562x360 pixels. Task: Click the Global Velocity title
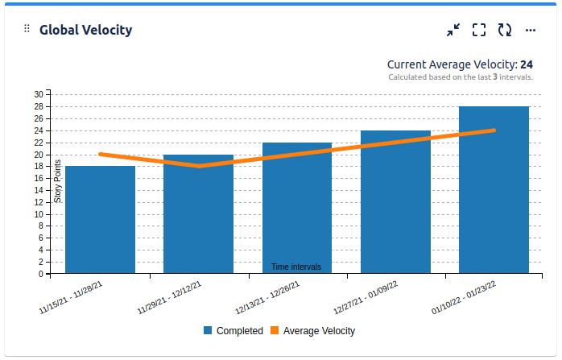click(86, 31)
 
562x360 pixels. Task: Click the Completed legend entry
click(233, 331)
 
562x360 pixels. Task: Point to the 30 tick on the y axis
click(39, 94)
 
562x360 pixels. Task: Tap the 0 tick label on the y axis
click(41, 275)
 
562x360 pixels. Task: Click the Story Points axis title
click(58, 181)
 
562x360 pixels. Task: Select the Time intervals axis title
click(296, 267)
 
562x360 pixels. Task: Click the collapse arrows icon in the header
click(453, 31)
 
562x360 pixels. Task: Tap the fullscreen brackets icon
click(479, 31)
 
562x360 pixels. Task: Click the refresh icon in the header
click(505, 31)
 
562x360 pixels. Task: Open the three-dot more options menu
click(531, 31)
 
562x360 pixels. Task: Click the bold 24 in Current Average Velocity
click(527, 64)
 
